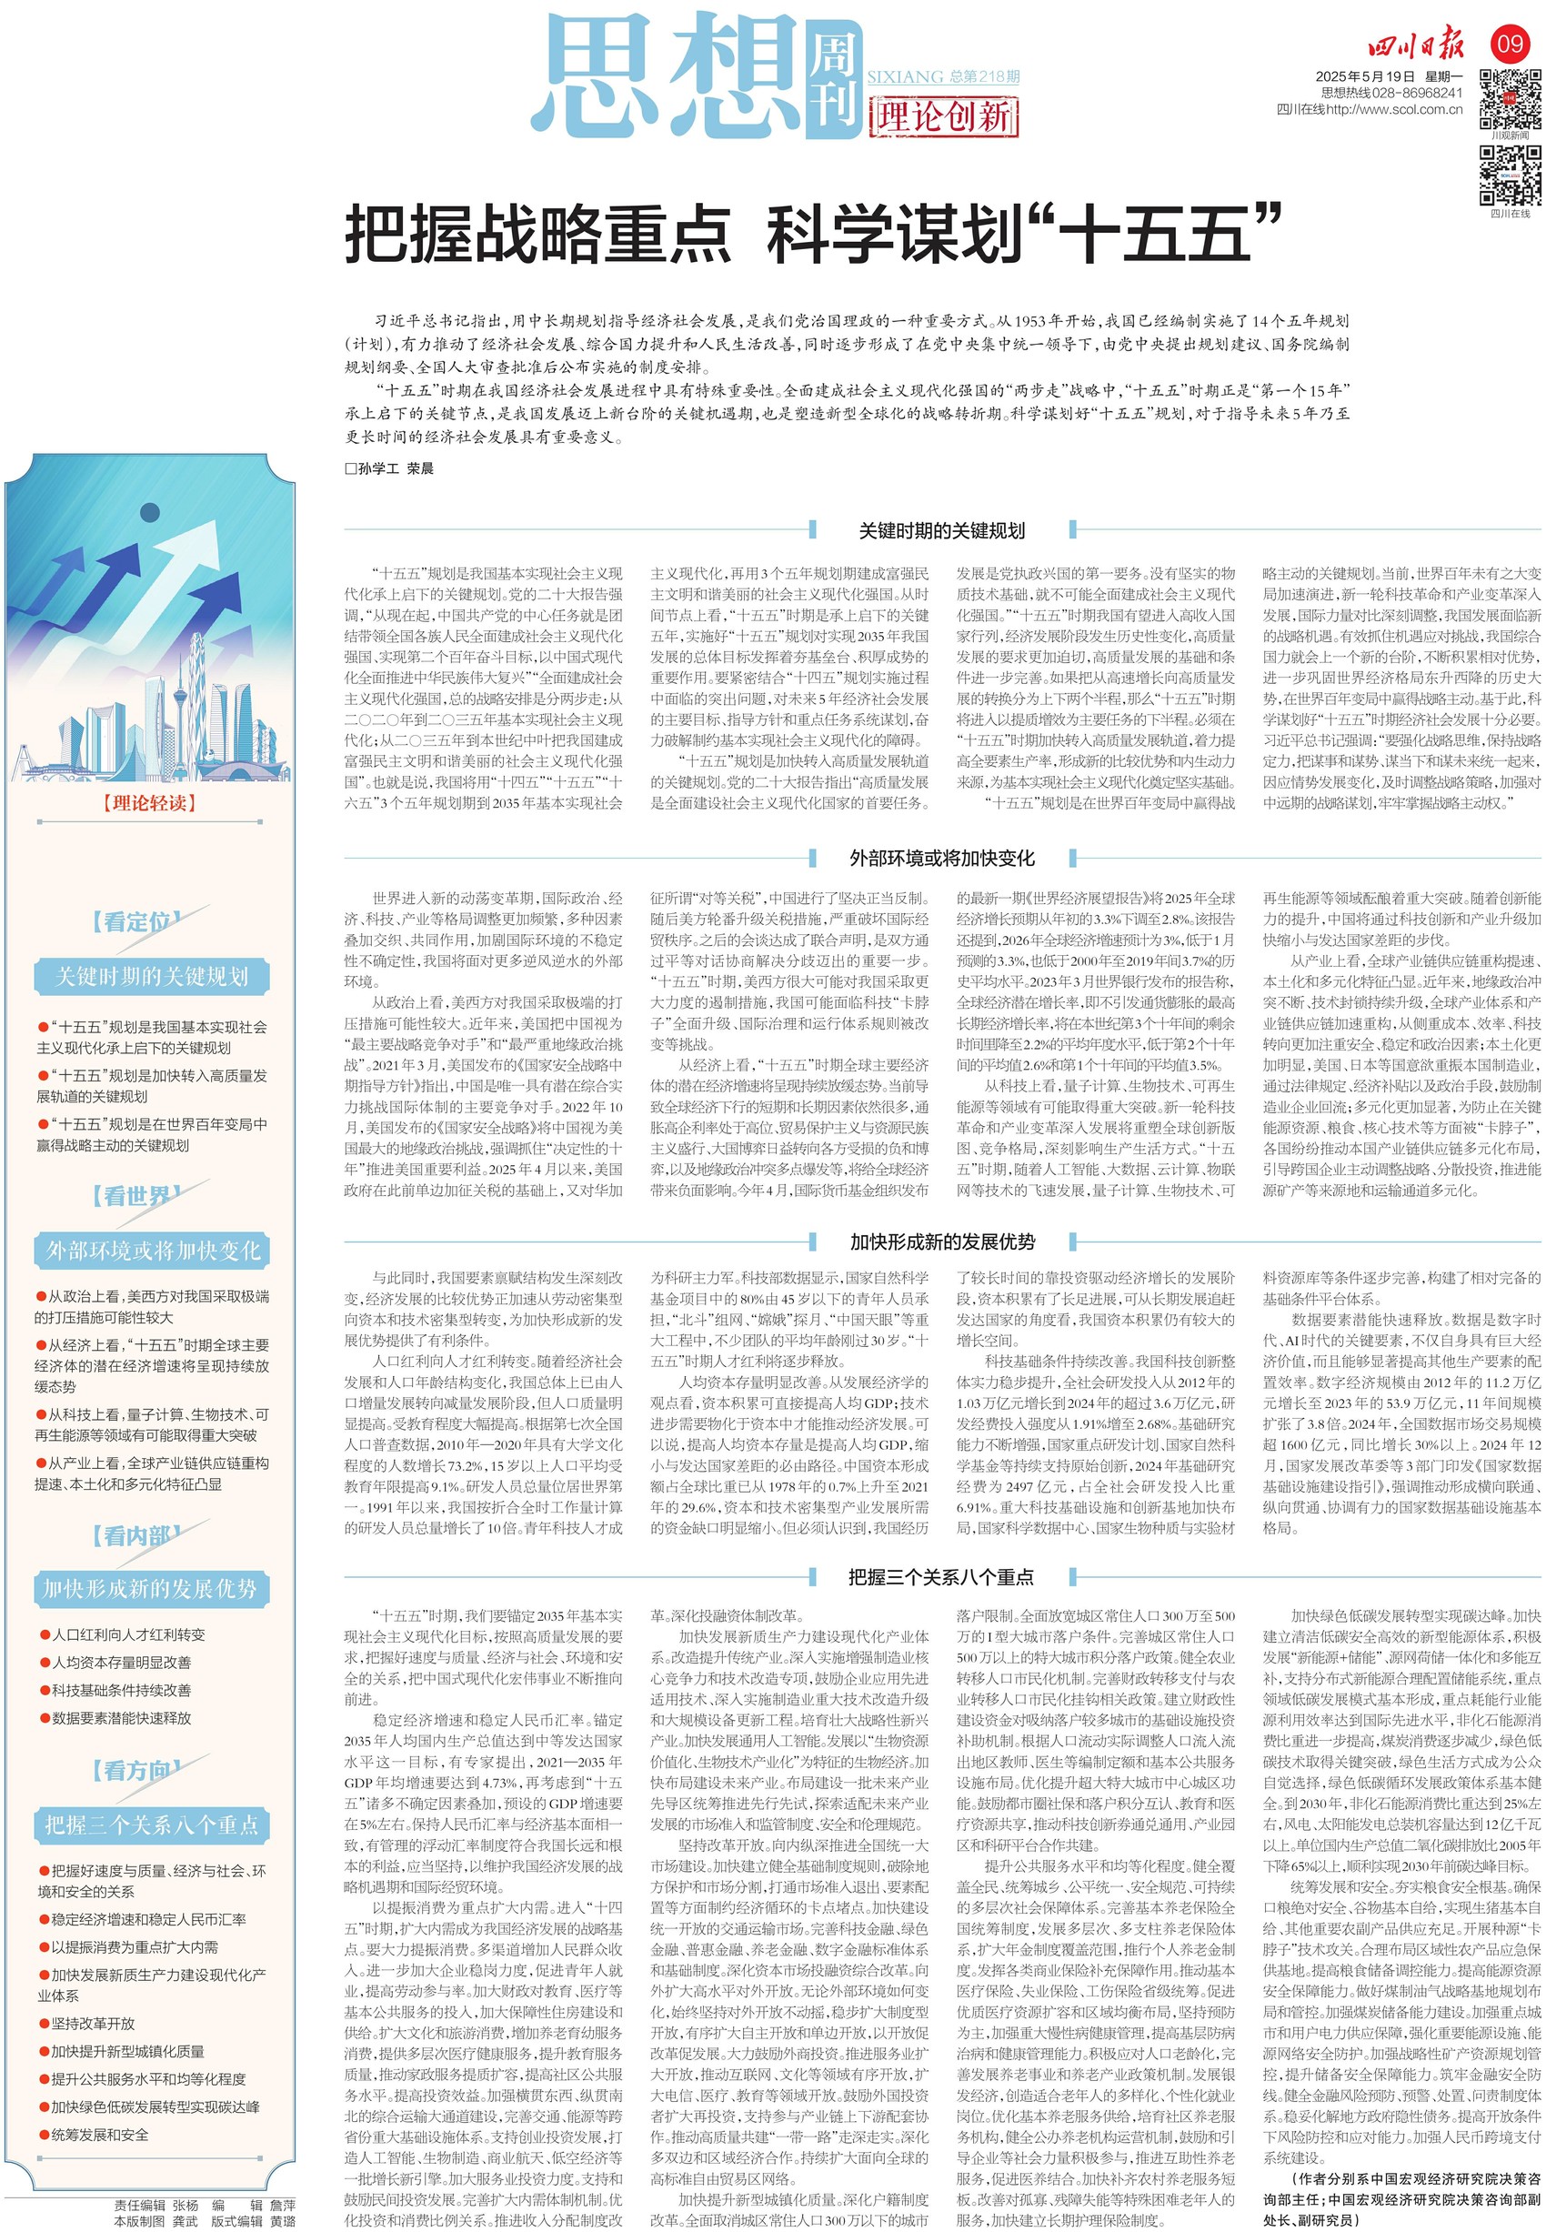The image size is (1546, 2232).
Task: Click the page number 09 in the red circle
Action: pyautogui.click(x=1511, y=43)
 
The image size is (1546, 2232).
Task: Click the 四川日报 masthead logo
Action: pyautogui.click(x=1416, y=45)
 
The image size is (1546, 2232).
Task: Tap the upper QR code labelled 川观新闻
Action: pyautogui.click(x=1511, y=99)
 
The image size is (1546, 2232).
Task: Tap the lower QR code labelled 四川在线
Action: pyautogui.click(x=1511, y=176)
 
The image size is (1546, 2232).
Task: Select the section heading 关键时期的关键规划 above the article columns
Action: pyautogui.click(x=941, y=530)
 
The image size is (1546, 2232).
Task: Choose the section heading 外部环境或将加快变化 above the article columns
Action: pyautogui.click(x=941, y=858)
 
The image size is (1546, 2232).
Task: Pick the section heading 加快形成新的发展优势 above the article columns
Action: pyautogui.click(x=941, y=1242)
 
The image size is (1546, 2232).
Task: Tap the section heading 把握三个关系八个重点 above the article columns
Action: pyautogui.click(x=941, y=1577)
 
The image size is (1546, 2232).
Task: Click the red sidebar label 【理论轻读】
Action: pyautogui.click(x=149, y=803)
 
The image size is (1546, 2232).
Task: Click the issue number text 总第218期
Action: pyautogui.click(x=984, y=76)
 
